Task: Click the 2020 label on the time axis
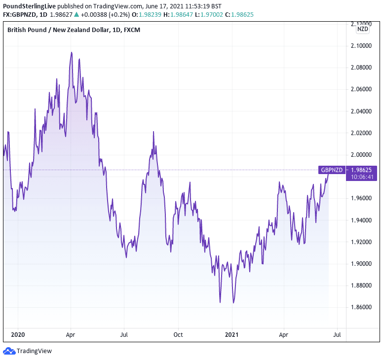point(18,334)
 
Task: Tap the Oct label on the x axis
point(178,334)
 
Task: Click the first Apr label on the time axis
point(71,334)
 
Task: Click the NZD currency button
point(363,29)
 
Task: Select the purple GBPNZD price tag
point(332,170)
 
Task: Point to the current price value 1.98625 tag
point(362,169)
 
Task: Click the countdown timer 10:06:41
point(362,176)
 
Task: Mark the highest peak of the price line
point(72,53)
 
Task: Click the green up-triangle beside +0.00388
point(76,15)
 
